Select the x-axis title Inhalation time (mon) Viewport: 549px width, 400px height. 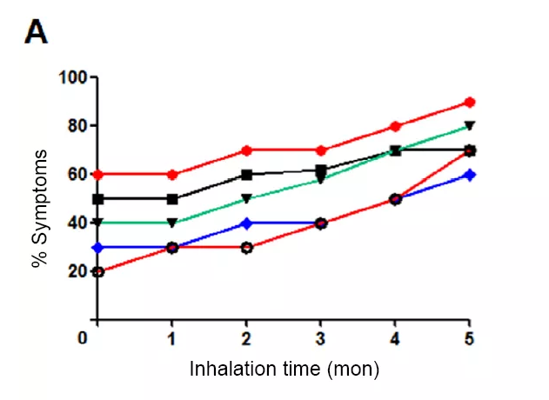[285, 369]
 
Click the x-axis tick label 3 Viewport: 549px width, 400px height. [321, 337]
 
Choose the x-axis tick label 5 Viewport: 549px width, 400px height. [469, 337]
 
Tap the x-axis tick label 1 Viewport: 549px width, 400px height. [172, 337]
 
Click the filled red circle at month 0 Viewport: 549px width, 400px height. [98, 175]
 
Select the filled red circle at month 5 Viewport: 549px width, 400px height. [470, 102]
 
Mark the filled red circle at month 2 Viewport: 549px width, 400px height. [247, 150]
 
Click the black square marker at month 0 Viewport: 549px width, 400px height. [98, 199]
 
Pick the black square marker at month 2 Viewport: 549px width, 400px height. [247, 175]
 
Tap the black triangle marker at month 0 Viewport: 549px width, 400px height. [98, 223]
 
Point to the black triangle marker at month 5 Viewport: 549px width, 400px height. [470, 126]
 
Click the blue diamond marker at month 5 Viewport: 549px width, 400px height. [470, 175]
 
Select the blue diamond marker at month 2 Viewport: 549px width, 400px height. [247, 223]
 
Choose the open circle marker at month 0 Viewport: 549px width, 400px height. [98, 272]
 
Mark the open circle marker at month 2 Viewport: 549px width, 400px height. [247, 248]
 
